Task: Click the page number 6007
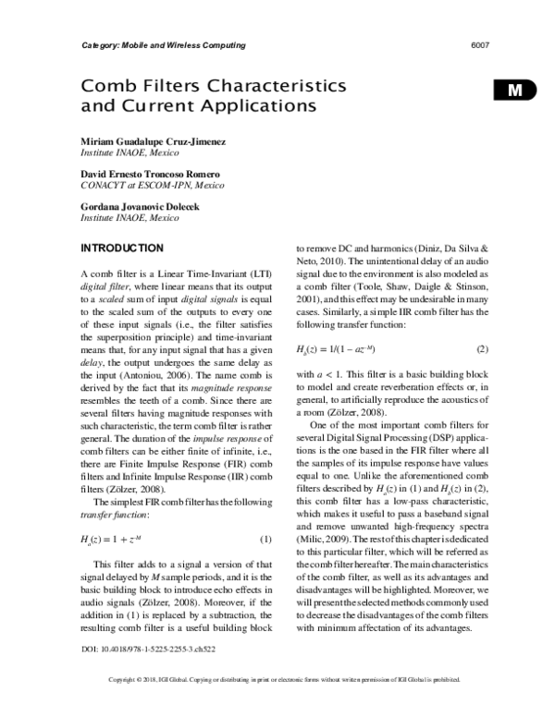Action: point(479,45)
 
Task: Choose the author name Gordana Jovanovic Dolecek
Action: point(149,207)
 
